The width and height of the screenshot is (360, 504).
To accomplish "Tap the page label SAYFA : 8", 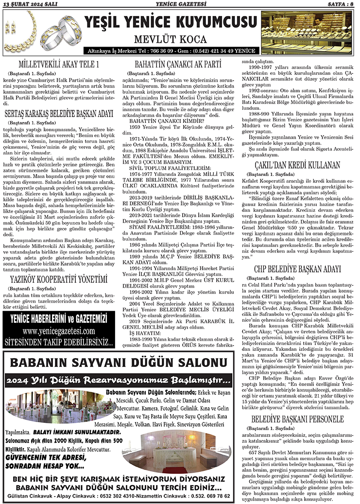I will pyautogui.click(x=339, y=5).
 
